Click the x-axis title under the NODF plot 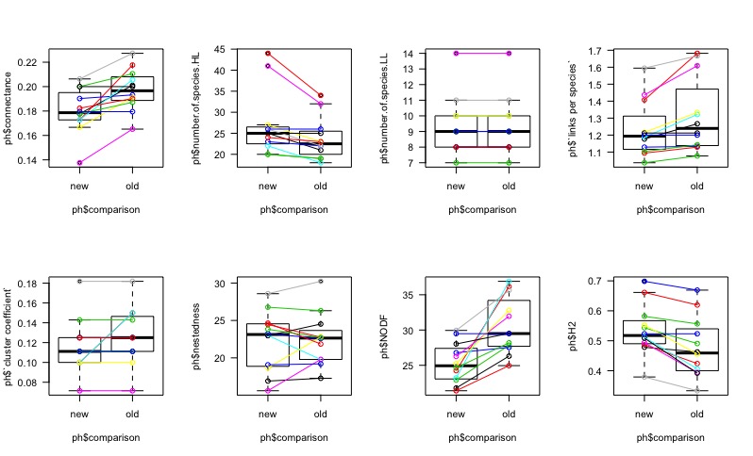pos(482,437)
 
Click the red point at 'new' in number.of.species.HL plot pos(268,54)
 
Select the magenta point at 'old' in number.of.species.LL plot pos(510,54)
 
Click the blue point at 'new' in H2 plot pos(644,281)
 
